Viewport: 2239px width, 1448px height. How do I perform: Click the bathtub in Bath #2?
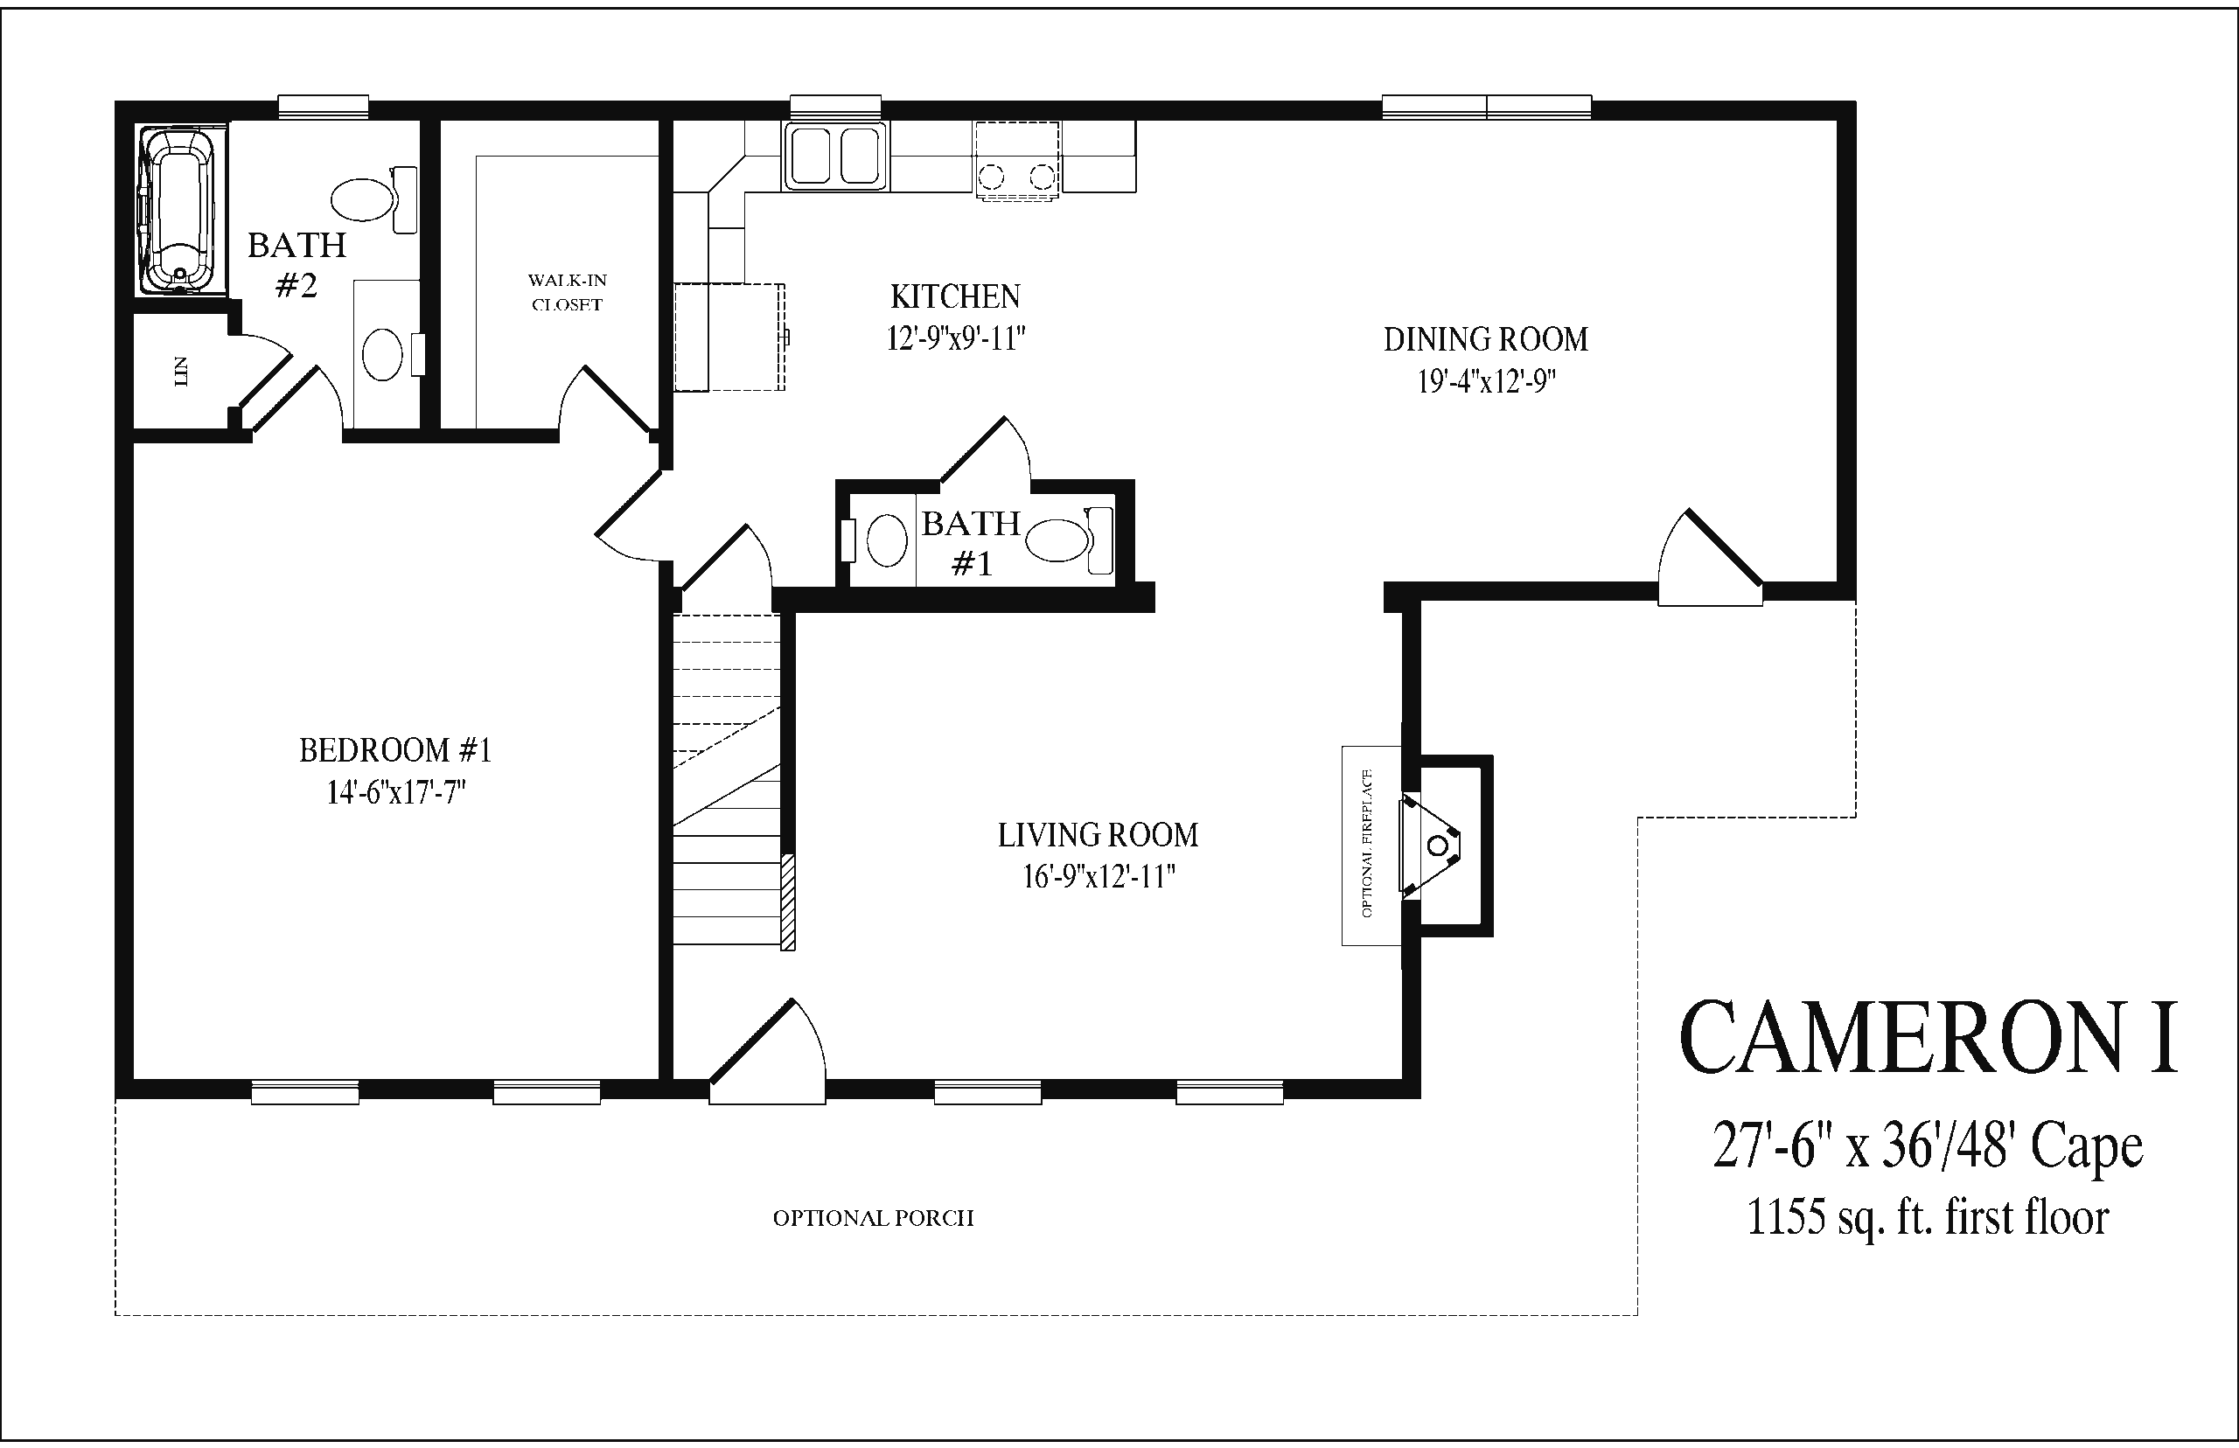pos(176,212)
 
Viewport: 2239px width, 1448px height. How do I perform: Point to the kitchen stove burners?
pos(1016,175)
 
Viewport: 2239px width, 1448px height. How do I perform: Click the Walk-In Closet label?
pos(567,292)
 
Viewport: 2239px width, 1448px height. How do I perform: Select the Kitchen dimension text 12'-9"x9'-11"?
pos(955,338)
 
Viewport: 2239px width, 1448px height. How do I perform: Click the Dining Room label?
pos(1486,339)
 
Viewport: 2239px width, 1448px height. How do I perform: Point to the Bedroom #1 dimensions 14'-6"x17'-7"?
pos(396,792)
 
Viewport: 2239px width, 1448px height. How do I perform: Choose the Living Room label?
pos(1098,835)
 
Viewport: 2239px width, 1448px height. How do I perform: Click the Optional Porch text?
pos(874,1219)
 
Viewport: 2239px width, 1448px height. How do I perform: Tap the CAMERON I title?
pos(1928,1038)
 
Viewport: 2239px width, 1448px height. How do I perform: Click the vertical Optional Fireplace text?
pos(1366,844)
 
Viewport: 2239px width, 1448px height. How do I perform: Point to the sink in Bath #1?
pos(885,540)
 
